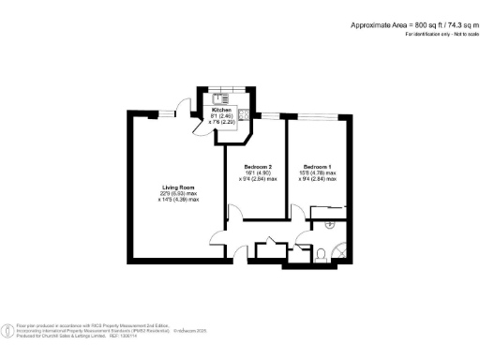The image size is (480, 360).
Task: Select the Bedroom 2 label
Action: coord(256,165)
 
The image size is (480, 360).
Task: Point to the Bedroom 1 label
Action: coord(314,165)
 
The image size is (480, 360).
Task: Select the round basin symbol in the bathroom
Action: coord(329,226)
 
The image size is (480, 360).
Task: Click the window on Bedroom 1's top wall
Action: coord(319,115)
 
